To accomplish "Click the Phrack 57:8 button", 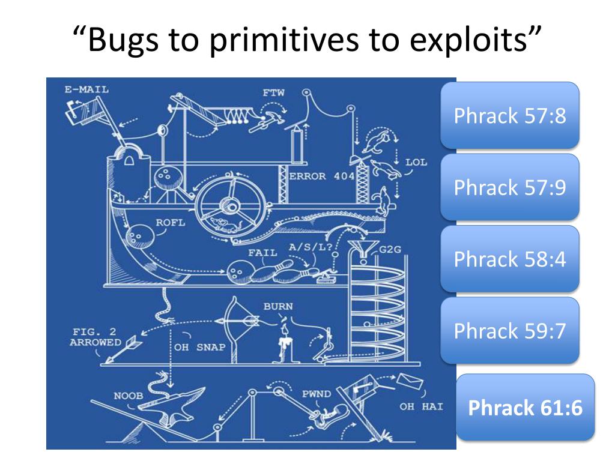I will (x=510, y=115).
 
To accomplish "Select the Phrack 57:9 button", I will (x=510, y=187).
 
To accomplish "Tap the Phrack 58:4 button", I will (x=510, y=259).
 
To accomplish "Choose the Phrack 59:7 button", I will (x=510, y=331).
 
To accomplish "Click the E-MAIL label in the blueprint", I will (x=83, y=91).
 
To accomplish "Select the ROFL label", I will (x=171, y=223).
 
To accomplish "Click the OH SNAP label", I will (x=200, y=346).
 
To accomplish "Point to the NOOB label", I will (x=129, y=396).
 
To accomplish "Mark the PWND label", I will (x=316, y=394).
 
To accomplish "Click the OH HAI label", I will (x=421, y=406).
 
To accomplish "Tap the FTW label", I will (x=273, y=93).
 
